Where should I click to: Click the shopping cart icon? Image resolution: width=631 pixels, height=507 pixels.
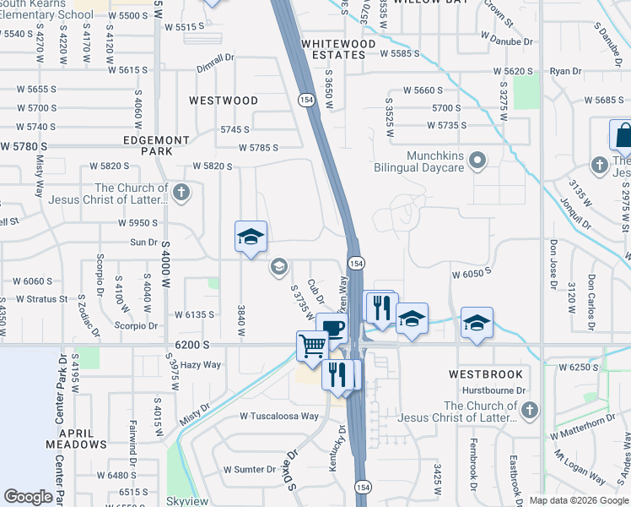pyautogui.click(x=312, y=345)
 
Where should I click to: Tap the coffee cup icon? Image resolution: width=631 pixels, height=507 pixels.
pyautogui.click(x=332, y=328)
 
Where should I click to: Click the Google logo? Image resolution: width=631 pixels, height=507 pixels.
pyautogui.click(x=28, y=497)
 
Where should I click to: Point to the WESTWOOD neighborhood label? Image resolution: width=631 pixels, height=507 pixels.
pyautogui.click(x=224, y=101)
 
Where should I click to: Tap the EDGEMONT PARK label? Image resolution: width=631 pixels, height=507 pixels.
pyautogui.click(x=156, y=145)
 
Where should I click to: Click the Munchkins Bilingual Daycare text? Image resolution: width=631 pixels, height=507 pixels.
pyautogui.click(x=423, y=161)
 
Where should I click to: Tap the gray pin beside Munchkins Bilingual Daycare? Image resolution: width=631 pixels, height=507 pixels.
pyautogui.click(x=477, y=160)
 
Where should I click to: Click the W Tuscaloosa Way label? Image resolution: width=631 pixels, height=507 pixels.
pyautogui.click(x=279, y=416)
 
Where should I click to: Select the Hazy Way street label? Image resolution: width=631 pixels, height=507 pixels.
pyautogui.click(x=200, y=365)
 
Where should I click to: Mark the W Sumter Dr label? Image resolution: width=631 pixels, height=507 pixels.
pyautogui.click(x=250, y=469)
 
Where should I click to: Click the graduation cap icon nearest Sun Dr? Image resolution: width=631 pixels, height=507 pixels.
pyautogui.click(x=251, y=237)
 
